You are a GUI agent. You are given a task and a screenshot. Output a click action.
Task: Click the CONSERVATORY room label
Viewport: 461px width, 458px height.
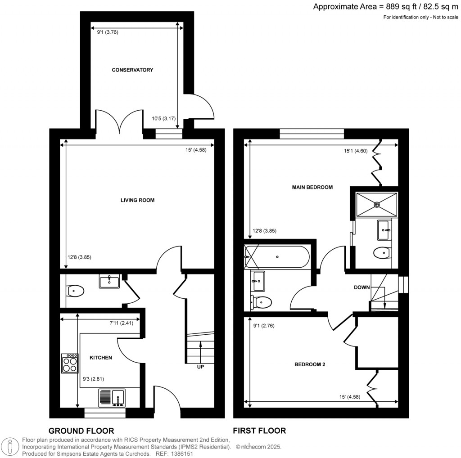tap(132, 70)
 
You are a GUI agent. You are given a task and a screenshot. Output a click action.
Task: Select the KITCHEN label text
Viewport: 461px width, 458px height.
tap(100, 358)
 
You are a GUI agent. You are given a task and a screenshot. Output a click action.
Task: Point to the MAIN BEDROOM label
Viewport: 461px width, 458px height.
tap(312, 187)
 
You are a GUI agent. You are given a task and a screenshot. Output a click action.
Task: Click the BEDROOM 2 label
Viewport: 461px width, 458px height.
tap(310, 364)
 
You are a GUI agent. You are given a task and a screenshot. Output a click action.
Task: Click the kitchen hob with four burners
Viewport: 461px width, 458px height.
tap(70, 364)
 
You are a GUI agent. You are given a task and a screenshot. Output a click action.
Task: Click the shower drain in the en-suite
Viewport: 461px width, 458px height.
tap(377, 204)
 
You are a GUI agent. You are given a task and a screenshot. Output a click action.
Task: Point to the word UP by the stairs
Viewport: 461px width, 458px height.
tap(200, 367)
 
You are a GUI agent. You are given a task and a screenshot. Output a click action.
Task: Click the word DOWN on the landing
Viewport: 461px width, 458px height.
tap(362, 287)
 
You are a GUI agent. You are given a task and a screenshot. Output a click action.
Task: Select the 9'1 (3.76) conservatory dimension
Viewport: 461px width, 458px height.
tap(108, 32)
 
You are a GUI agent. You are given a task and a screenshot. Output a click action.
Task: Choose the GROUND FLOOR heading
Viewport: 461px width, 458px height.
tap(81, 431)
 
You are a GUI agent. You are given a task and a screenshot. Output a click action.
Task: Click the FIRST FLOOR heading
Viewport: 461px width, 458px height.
tap(259, 431)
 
